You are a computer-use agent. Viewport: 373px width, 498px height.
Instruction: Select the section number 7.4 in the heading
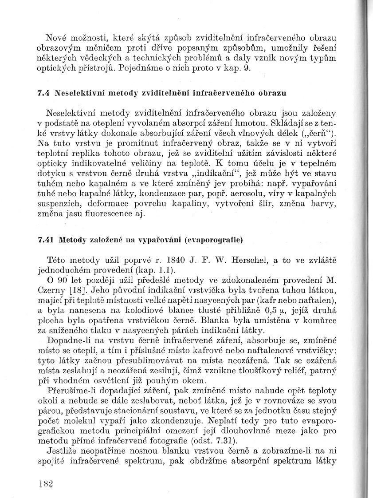click(44, 94)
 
